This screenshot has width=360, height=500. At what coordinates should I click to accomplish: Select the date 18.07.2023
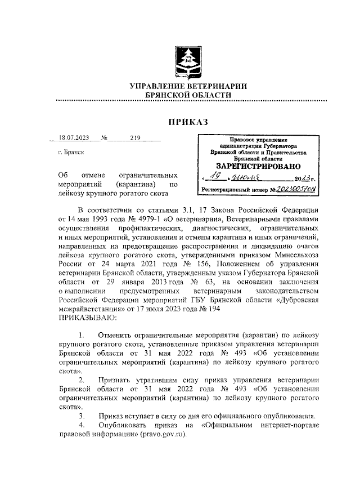75,137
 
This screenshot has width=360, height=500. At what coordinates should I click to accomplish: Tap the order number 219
134,137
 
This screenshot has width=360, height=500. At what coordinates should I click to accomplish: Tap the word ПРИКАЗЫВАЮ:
86,319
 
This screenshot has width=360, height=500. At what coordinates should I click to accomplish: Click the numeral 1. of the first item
82,336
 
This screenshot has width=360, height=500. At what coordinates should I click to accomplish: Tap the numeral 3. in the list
82,416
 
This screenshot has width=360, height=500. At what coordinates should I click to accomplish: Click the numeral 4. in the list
82,425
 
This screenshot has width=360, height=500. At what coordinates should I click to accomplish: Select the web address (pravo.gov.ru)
166,435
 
